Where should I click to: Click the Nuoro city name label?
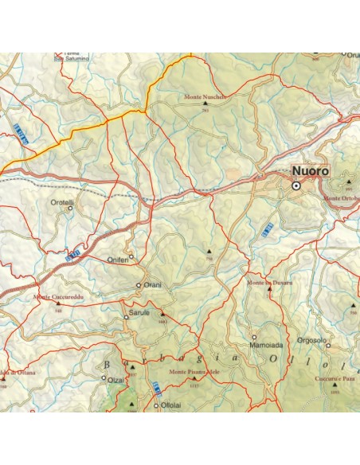coord(310,171)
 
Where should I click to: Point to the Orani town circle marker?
coord(139,285)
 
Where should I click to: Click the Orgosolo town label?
coord(311,338)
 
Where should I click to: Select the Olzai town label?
coord(115,380)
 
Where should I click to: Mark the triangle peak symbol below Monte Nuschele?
coord(205,103)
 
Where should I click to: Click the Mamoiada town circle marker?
coord(255,338)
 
